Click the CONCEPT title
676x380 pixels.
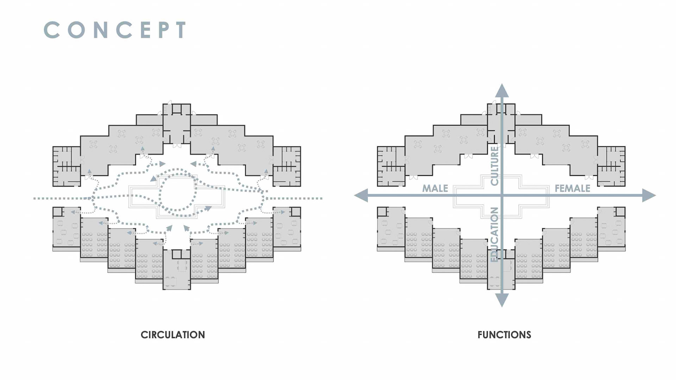115,30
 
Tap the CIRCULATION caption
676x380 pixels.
173,335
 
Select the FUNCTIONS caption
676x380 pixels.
504,335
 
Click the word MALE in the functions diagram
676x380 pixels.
435,189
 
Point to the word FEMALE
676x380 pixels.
572,189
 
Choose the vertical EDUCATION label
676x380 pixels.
494,234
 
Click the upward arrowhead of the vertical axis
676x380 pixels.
502,90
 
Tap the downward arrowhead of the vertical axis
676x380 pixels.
502,300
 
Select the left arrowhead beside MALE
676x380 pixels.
361,195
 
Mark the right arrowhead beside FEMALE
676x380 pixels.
649,195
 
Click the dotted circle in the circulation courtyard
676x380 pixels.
177,190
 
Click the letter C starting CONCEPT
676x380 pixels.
52,30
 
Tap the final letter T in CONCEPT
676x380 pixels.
181,30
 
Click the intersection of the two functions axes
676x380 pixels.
502,195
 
